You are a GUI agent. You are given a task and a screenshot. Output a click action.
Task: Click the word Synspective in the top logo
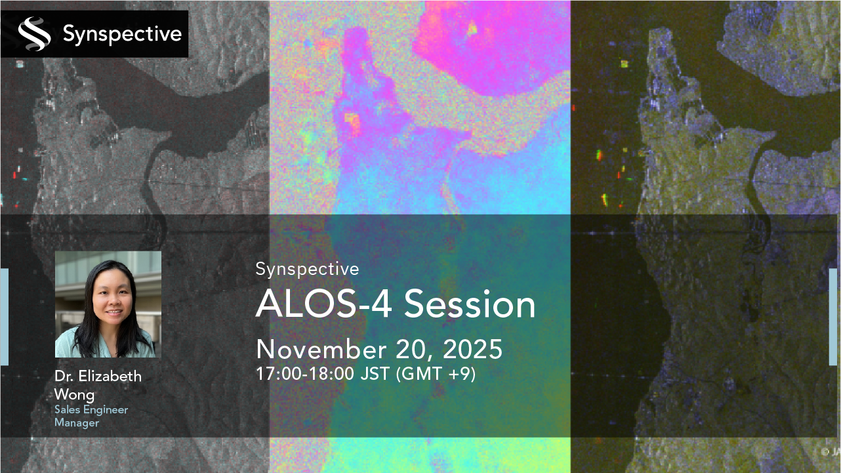coord(121,34)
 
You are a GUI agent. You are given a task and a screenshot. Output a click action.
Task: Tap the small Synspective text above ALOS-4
coord(307,269)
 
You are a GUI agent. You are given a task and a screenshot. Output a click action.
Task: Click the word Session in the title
coord(470,304)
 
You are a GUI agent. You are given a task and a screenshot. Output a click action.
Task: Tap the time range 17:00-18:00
coord(305,375)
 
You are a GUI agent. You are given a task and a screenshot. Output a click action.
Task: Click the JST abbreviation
coord(375,375)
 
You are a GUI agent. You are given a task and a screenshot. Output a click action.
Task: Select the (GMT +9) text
coord(436,375)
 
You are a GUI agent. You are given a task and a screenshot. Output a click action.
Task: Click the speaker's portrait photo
coord(108,304)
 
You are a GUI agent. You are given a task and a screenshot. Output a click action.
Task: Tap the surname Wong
coord(74,394)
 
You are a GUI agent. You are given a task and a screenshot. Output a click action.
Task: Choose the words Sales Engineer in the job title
coord(91,410)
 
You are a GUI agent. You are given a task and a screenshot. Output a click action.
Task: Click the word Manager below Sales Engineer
coord(77,423)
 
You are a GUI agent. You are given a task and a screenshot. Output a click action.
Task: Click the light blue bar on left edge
coord(4,316)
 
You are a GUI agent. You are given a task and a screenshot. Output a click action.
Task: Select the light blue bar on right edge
coord(834,316)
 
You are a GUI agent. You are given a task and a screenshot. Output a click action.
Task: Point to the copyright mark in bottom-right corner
coord(825,451)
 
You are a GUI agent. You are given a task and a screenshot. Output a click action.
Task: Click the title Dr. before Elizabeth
coord(64,377)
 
